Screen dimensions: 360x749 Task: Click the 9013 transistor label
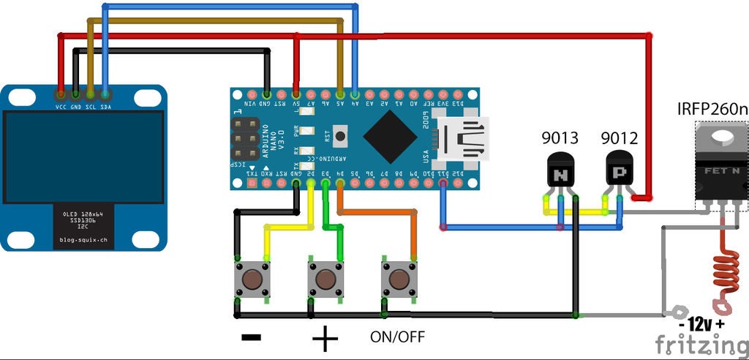560,138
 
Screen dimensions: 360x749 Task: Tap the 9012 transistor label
619,138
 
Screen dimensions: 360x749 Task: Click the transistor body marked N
561,173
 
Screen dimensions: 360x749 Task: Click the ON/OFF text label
397,337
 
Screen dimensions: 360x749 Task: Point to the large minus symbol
251,337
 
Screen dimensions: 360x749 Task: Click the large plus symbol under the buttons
325,339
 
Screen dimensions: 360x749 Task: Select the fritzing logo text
701,344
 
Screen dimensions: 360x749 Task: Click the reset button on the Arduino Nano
339,135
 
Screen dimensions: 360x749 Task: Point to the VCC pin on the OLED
60,94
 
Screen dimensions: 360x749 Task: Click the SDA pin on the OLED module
105,94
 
